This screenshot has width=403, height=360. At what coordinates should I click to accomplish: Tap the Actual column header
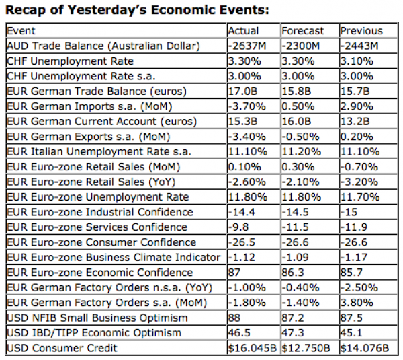point(243,31)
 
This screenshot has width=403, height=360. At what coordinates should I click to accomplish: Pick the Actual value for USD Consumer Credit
point(251,348)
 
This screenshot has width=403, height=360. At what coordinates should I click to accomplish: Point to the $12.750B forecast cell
point(307,348)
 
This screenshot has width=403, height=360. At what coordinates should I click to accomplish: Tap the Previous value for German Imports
point(356,106)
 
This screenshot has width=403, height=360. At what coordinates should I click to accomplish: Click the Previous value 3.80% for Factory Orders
point(356,303)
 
